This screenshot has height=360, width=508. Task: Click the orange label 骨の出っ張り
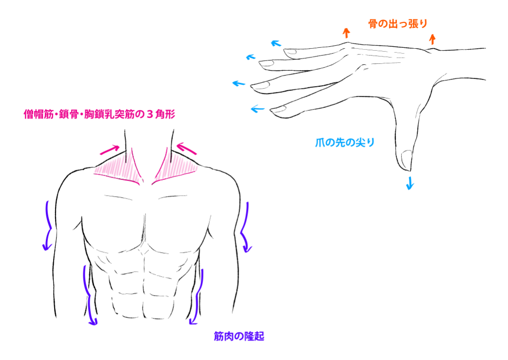click(398, 23)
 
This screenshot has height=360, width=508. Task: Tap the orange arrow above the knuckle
click(346, 33)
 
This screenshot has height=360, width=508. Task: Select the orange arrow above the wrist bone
click(432, 39)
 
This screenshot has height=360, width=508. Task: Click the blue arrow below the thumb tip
click(410, 183)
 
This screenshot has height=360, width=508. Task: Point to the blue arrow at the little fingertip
click(276, 43)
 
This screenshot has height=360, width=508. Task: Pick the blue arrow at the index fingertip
click(258, 109)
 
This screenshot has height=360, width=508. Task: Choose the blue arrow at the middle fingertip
click(239, 83)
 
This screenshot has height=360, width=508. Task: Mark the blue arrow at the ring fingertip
click(251, 57)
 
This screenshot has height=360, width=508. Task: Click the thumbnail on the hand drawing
click(406, 160)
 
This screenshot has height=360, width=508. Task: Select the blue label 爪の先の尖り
click(345, 142)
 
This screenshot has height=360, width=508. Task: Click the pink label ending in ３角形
click(100, 114)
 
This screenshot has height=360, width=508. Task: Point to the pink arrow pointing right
click(109, 150)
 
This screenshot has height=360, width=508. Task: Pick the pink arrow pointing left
click(186, 148)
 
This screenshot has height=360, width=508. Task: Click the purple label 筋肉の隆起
click(239, 337)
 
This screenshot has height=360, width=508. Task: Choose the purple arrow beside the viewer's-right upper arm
click(245, 227)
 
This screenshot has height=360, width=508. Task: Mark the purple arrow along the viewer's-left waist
click(89, 295)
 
